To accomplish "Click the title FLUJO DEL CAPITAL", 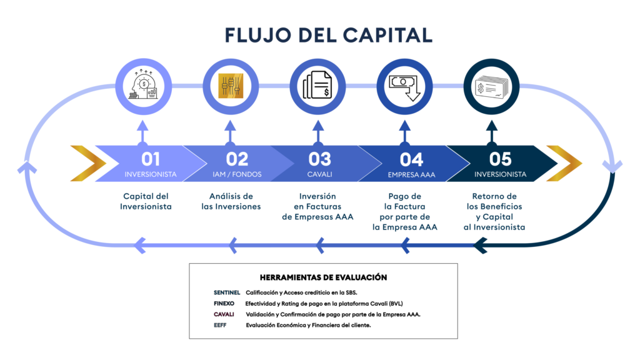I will click(x=328, y=35).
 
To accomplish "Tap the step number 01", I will click(x=150, y=159).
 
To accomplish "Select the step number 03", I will click(x=319, y=159).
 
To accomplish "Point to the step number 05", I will click(x=500, y=159).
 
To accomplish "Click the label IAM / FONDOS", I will click(x=237, y=174).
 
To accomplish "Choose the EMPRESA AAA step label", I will click(x=411, y=174).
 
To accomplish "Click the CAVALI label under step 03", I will click(x=319, y=174).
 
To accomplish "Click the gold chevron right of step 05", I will click(x=563, y=163).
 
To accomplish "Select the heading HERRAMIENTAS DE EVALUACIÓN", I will click(x=323, y=277).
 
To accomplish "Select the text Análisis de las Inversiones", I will click(x=231, y=201).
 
